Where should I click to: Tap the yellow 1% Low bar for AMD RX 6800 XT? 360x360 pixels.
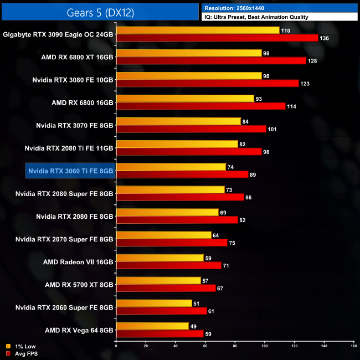coord(189,53)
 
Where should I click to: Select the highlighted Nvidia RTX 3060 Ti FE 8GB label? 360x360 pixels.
coord(70,171)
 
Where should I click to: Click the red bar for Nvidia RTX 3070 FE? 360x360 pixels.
coord(191,128)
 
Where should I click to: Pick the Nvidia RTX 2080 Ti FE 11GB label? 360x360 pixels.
coord(69,148)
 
